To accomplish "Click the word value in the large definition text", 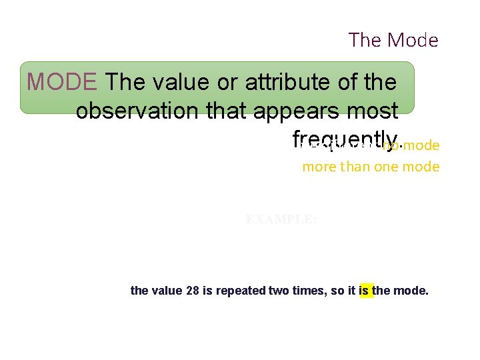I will [177, 82].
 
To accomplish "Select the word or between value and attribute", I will [231, 82].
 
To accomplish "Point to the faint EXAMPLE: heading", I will [281, 219].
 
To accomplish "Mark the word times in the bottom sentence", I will [311, 291].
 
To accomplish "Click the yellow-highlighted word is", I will [366, 291].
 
